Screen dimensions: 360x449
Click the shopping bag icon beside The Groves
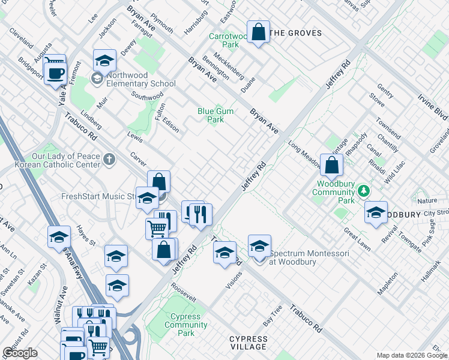(258, 33)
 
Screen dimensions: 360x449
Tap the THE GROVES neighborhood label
(295, 34)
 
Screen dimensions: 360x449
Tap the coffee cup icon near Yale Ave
(56, 74)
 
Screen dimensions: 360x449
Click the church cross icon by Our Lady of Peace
(109, 160)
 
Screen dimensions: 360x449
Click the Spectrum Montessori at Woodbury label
(309, 257)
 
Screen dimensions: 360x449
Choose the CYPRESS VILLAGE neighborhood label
(249, 343)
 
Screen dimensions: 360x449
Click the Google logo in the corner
(20, 353)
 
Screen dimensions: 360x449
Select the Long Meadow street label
(307, 151)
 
